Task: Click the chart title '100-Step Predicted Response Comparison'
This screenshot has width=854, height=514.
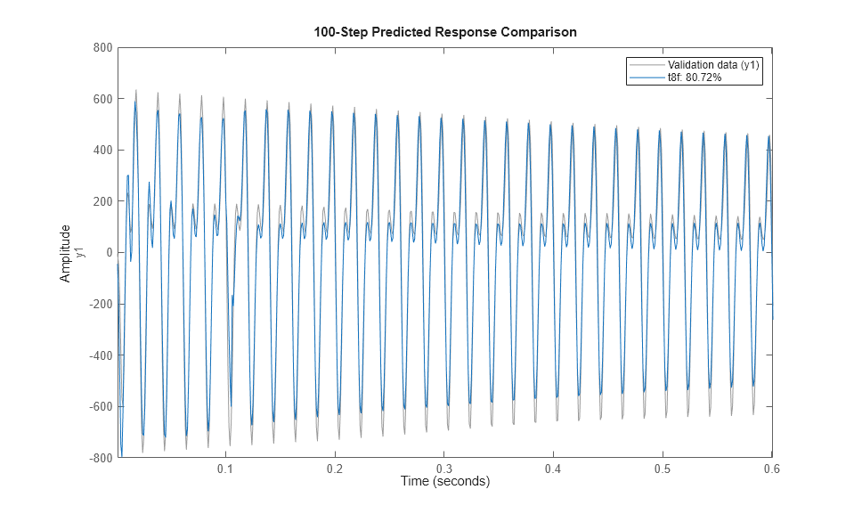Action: (444, 32)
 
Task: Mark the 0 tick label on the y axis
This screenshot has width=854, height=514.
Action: (108, 253)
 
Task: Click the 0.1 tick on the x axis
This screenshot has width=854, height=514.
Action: (226, 469)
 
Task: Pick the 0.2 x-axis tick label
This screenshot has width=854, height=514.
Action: (335, 469)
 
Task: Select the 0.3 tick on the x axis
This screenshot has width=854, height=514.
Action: (444, 469)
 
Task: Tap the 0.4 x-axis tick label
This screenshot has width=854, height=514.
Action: (553, 469)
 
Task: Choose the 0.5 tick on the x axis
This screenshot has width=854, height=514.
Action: (663, 469)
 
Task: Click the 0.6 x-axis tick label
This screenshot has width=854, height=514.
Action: (771, 469)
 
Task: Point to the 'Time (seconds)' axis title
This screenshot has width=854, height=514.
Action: (444, 482)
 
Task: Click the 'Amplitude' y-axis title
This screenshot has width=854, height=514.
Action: (65, 253)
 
